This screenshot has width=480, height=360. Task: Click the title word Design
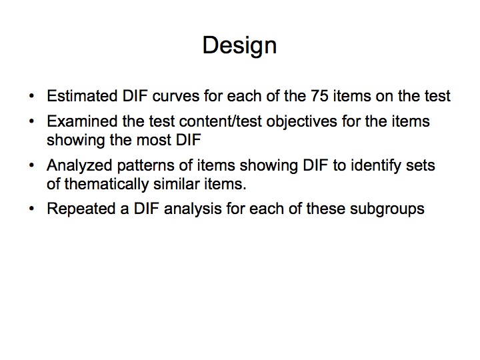(240, 46)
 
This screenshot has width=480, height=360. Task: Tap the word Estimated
(82, 96)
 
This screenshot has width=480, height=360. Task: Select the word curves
(176, 96)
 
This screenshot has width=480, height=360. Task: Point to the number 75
(319, 96)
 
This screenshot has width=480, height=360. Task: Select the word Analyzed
(79, 166)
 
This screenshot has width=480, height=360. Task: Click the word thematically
(106, 185)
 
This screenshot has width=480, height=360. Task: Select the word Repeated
(81, 209)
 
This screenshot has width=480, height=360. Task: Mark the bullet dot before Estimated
(31, 97)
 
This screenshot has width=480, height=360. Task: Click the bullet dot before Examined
(31, 122)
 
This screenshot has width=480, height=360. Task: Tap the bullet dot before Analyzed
(31, 166)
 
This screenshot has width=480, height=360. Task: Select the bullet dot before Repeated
(31, 209)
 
